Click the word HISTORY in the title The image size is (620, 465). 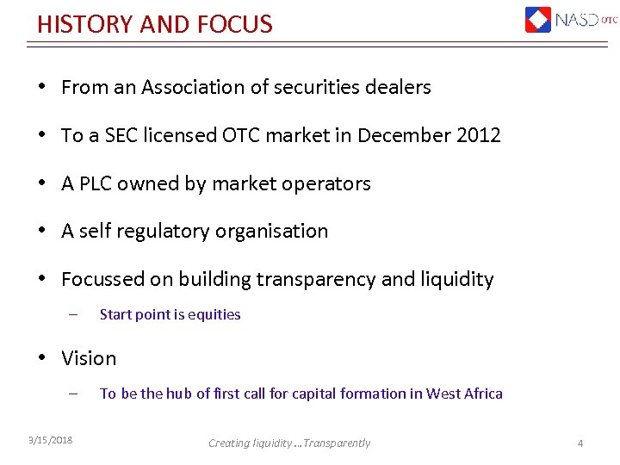84,23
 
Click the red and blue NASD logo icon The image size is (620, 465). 538,19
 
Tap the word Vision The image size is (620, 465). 89,358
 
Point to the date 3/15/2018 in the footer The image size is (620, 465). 50,441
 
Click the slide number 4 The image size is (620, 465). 580,443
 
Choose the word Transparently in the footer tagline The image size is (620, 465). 337,443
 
